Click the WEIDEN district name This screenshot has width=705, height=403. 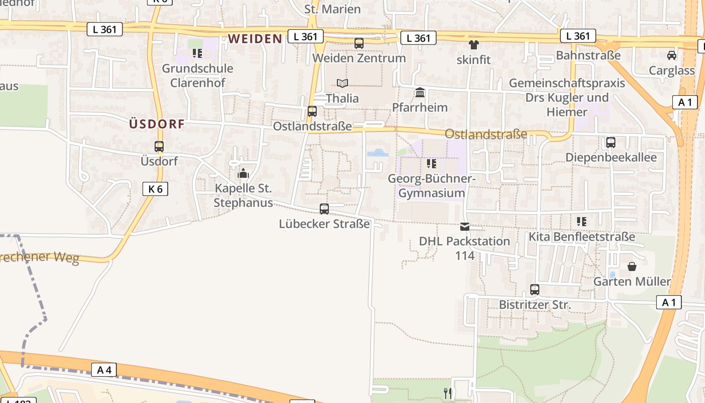[255, 39]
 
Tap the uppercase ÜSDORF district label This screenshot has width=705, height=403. [157, 124]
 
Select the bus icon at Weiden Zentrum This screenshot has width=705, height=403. [359, 43]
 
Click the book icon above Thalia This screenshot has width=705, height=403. [342, 83]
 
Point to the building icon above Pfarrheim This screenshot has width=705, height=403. [420, 93]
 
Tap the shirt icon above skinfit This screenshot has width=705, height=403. [473, 45]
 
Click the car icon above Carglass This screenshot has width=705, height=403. [672, 55]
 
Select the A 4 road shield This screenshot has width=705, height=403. [104, 370]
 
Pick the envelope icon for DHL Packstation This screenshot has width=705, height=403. [465, 227]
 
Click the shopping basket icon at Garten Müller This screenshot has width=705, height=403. [632, 266]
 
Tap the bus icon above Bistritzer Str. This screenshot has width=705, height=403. [535, 290]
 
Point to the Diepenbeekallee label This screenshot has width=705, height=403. [611, 157]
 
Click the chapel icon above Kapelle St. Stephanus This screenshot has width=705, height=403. [243, 174]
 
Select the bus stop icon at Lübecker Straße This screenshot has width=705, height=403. [324, 209]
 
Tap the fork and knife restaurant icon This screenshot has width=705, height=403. [448, 393]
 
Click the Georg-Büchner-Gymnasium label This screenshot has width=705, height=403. [432, 186]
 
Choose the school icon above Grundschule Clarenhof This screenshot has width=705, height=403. [197, 53]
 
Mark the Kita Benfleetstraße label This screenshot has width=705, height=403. [582, 236]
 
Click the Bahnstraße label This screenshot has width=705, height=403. [588, 55]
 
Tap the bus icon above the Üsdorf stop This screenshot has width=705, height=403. [159, 147]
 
